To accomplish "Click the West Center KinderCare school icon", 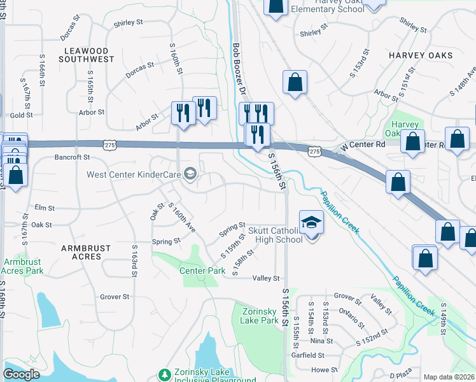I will click(x=190, y=173).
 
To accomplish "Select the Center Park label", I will click(x=202, y=271).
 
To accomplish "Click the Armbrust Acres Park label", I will click(x=24, y=266).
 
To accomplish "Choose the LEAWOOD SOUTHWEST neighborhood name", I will click(x=89, y=55).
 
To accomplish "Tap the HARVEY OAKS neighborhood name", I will click(x=421, y=55).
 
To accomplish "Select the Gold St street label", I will click(x=21, y=115).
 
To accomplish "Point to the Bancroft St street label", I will click(x=72, y=157).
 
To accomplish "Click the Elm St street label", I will click(x=43, y=208).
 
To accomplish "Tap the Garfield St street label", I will click(x=308, y=355).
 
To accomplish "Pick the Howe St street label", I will click(x=319, y=369).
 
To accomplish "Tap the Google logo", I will click(x=21, y=374).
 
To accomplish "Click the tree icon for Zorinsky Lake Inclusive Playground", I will click(x=164, y=374).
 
